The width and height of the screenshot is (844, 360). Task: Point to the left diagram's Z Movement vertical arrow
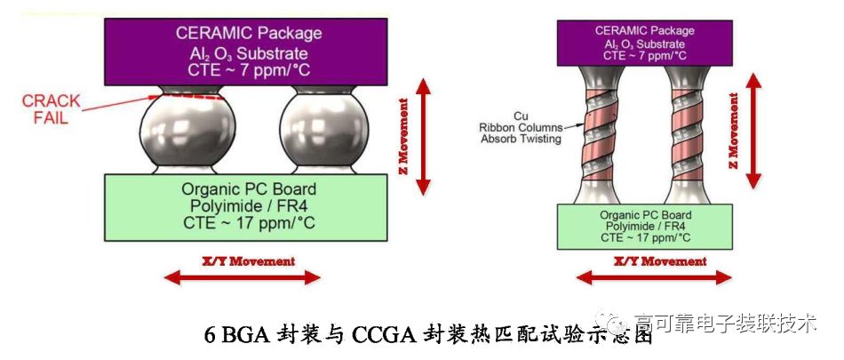point(424,135)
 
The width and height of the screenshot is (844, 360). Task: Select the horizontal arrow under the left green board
point(242,277)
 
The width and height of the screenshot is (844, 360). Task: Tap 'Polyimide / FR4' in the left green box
point(248,206)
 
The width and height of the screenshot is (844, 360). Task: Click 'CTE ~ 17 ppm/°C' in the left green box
point(248,223)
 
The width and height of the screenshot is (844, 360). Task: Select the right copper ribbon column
point(689,134)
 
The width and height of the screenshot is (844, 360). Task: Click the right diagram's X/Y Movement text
point(661,261)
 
